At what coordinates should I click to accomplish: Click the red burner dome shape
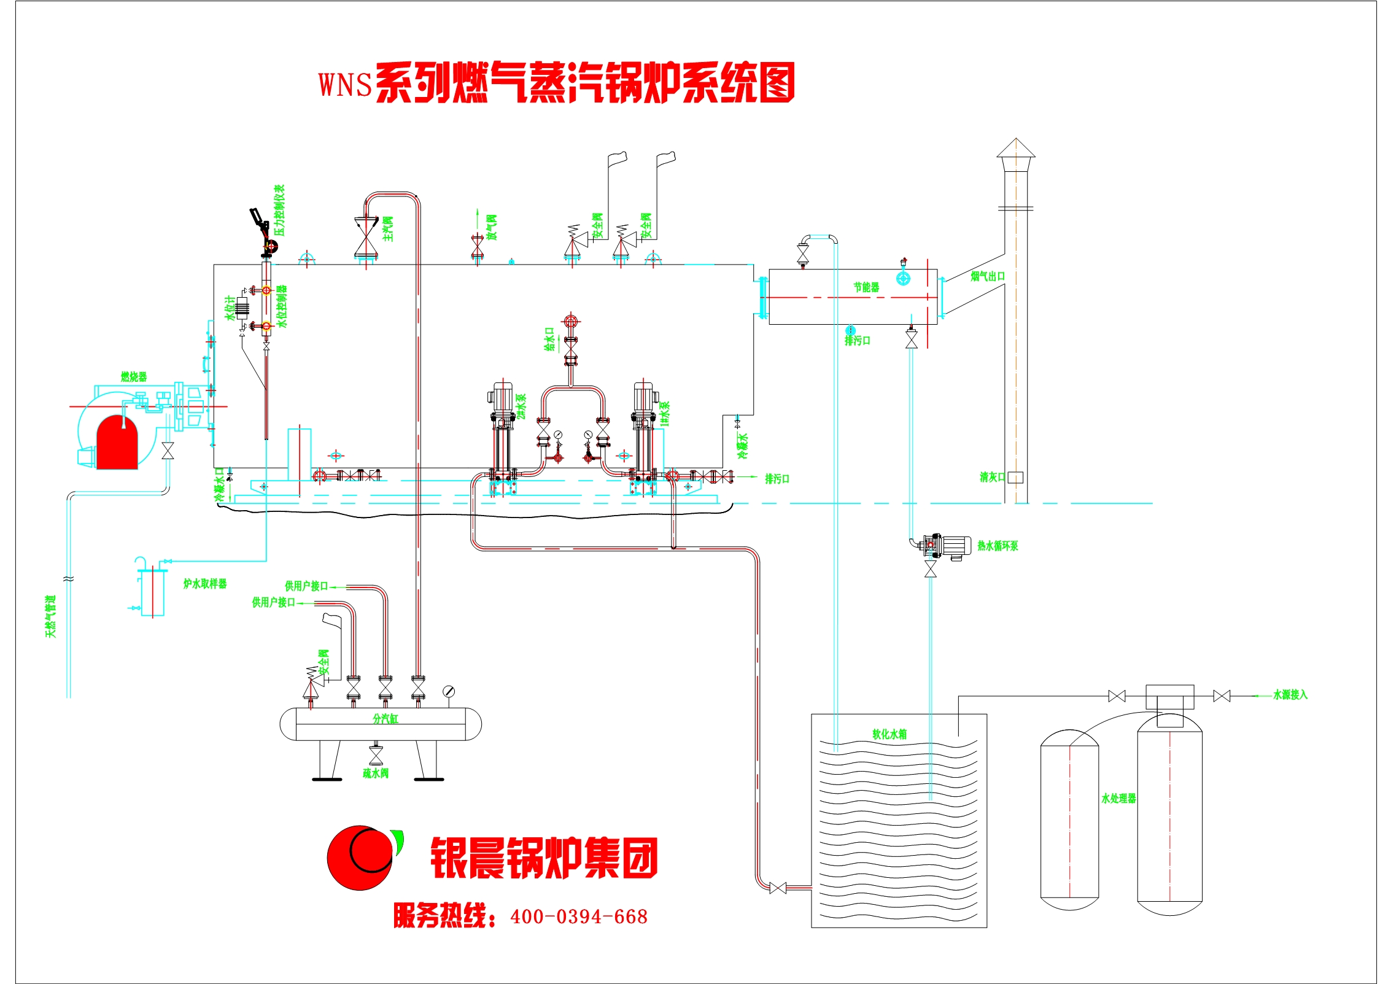[x=117, y=443]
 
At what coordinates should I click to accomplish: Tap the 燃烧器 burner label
[x=134, y=376]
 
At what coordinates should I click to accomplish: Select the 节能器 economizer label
[x=866, y=287]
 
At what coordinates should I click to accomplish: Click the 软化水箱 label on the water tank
[x=889, y=734]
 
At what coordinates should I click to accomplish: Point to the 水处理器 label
[x=1118, y=798]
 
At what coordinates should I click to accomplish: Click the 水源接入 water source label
[x=1290, y=694]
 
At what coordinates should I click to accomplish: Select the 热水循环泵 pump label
[x=998, y=545]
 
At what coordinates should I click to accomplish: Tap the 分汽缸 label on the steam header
[x=386, y=718]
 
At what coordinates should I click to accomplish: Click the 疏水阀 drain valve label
[x=376, y=773]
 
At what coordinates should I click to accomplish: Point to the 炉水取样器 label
[x=205, y=583]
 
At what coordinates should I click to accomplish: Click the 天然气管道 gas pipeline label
[x=50, y=616]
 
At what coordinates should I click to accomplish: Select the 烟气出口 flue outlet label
[x=988, y=276]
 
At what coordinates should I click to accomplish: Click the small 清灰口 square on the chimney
[x=1015, y=477]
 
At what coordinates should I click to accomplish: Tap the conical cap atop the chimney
[x=1016, y=148]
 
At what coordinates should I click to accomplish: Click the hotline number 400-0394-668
[x=579, y=916]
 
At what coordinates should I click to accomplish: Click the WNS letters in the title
[x=345, y=85]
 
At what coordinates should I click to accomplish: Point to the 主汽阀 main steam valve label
[x=388, y=228]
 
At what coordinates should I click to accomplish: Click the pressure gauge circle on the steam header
[x=449, y=691]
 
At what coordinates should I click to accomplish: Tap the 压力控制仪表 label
[x=279, y=210]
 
